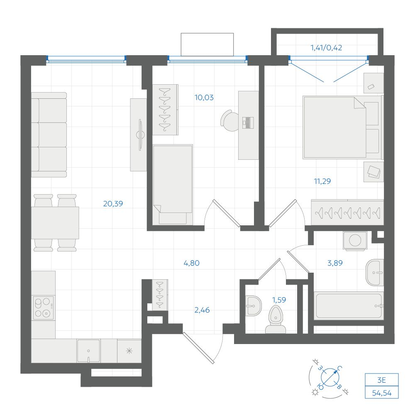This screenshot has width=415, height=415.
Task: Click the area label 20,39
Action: pyautogui.click(x=113, y=203)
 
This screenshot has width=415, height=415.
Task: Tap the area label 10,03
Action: pyautogui.click(x=204, y=98)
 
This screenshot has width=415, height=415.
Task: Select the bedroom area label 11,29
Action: pyautogui.click(x=322, y=181)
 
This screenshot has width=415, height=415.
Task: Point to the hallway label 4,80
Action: pyautogui.click(x=191, y=263)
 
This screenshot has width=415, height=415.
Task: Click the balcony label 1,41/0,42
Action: pyautogui.click(x=326, y=48)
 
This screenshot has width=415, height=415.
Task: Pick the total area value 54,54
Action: pyautogui.click(x=382, y=393)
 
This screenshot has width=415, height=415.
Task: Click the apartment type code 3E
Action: pyautogui.click(x=381, y=380)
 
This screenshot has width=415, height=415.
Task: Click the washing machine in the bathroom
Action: pyautogui.click(x=355, y=241)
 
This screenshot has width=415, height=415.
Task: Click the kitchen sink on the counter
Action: pyautogui.click(x=88, y=351)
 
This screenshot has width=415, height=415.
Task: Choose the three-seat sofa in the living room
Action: pyautogui.click(x=49, y=135)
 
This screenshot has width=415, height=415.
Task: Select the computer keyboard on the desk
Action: pyautogui.click(x=248, y=122)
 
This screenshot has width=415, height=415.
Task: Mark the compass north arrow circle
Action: pyautogui.click(x=330, y=377)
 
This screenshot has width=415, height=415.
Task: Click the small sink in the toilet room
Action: pyautogui.click(x=253, y=306)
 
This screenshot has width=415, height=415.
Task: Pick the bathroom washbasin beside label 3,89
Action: pyautogui.click(x=375, y=273)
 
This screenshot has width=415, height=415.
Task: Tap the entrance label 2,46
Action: pyautogui.click(x=202, y=310)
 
